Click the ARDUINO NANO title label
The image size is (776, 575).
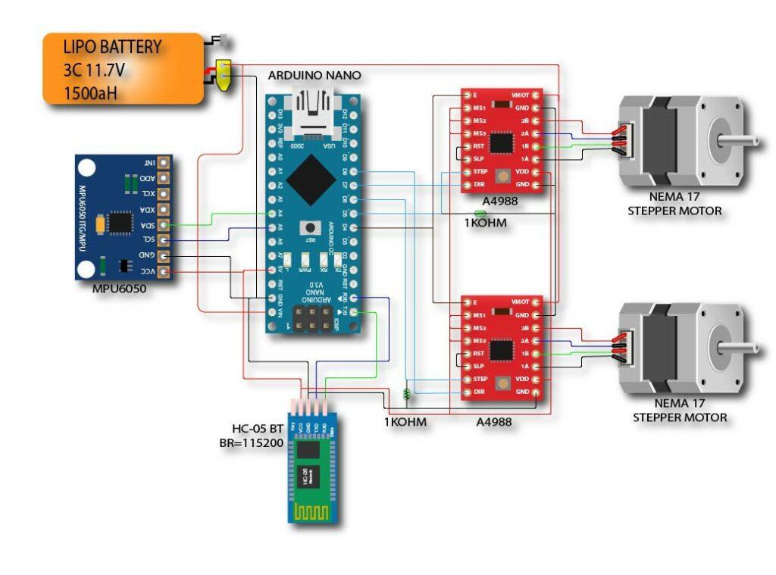(314, 76)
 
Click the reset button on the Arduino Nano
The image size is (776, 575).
(308, 227)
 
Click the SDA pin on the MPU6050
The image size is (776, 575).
(162, 224)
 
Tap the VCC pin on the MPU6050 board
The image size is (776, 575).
(162, 271)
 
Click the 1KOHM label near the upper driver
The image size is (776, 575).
(486, 223)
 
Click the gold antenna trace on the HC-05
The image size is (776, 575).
(312, 511)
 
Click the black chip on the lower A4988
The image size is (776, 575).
(501, 350)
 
